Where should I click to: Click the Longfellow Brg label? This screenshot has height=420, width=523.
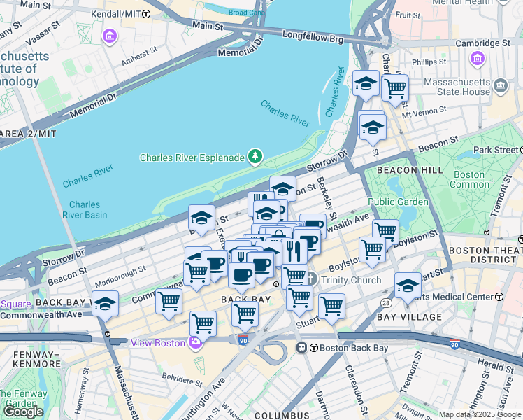pyautogui.click(x=313, y=34)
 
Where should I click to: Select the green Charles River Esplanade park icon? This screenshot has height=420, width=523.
pyautogui.click(x=257, y=156)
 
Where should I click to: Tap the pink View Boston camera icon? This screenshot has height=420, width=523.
pyautogui.click(x=195, y=342)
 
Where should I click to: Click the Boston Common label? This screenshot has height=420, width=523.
pyautogui.click(x=468, y=179)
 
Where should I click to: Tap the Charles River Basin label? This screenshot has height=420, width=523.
pyautogui.click(x=84, y=210)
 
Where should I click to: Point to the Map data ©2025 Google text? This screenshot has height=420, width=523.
pyautogui.click(x=480, y=414)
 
